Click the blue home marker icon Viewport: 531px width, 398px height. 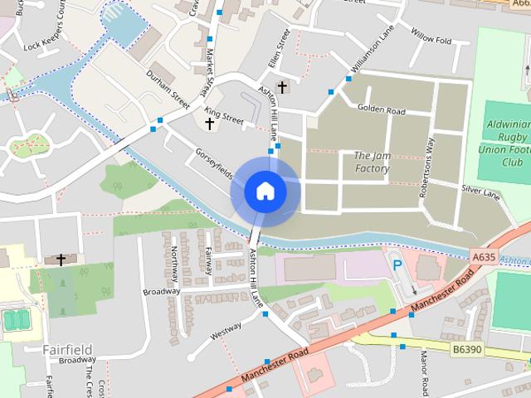[265, 191]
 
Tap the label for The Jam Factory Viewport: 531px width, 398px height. [372, 163]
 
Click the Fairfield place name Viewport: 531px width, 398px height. [67, 349]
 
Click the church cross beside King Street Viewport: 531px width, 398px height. [209, 124]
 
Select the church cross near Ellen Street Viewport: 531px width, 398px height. [282, 85]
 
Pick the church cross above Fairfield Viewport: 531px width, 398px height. [61, 260]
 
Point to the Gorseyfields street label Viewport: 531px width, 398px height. [213, 164]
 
